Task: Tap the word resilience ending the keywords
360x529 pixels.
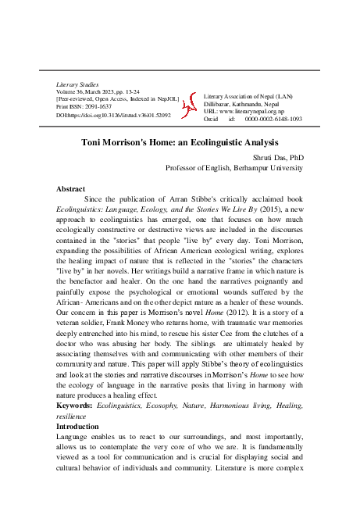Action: [75, 417]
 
